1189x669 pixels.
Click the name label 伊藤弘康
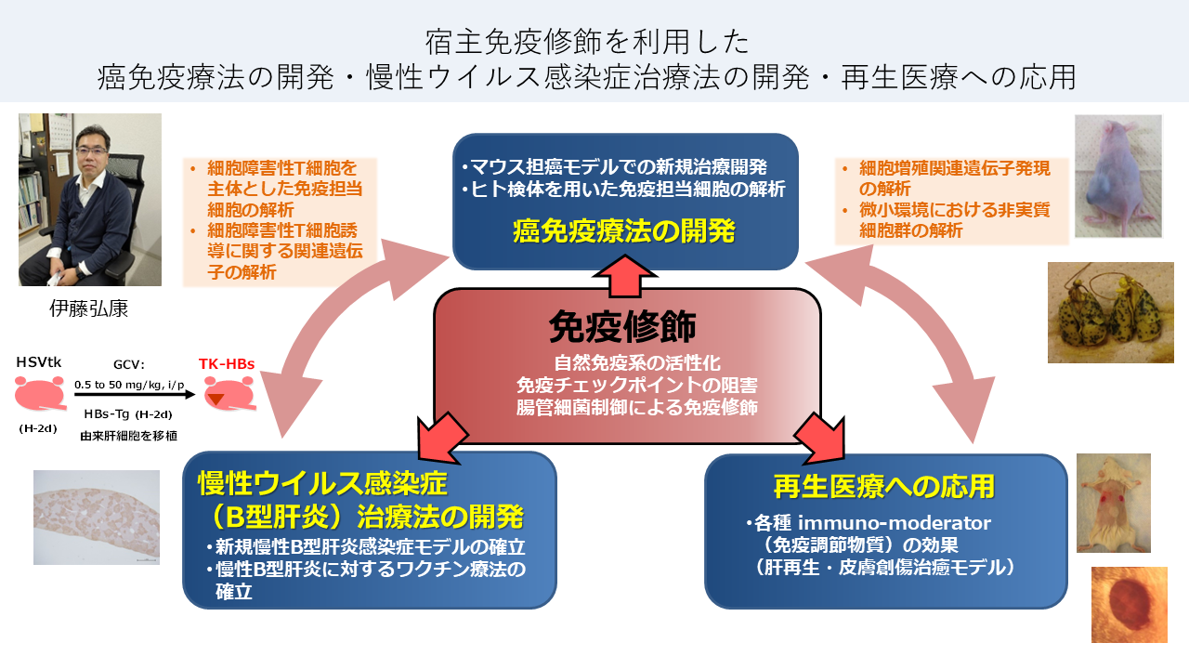(x=88, y=308)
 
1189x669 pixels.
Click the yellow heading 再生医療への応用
(x=884, y=485)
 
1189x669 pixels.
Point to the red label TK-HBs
(x=226, y=366)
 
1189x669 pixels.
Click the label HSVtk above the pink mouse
(x=39, y=361)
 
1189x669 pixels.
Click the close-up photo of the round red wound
(x=1128, y=605)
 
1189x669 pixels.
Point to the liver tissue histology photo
(x=96, y=517)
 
